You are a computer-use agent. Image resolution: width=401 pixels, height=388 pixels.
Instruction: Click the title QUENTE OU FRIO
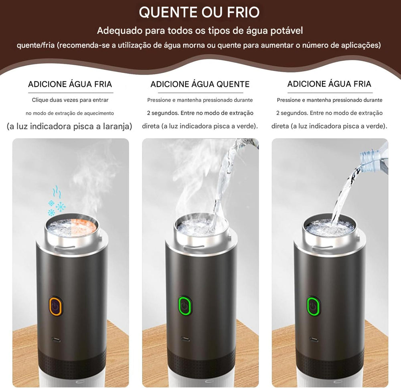(199, 12)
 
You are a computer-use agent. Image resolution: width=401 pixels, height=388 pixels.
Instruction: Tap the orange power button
(55, 307)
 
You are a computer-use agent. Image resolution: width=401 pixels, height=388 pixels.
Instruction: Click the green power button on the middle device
(184, 307)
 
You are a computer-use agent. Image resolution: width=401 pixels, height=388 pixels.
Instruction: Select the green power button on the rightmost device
(313, 307)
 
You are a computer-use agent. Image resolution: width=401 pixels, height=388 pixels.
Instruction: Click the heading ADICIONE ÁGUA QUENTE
(200, 84)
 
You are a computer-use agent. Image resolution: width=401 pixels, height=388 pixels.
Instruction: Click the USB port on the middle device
(185, 339)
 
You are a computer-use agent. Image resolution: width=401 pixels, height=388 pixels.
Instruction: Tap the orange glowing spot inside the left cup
(85, 226)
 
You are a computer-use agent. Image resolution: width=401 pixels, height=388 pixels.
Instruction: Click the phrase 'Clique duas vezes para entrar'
(70, 100)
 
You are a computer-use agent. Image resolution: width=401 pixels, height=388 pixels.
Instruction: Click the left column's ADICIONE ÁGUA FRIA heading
(70, 84)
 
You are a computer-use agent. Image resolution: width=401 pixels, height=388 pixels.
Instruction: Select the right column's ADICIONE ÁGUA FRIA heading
(329, 84)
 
